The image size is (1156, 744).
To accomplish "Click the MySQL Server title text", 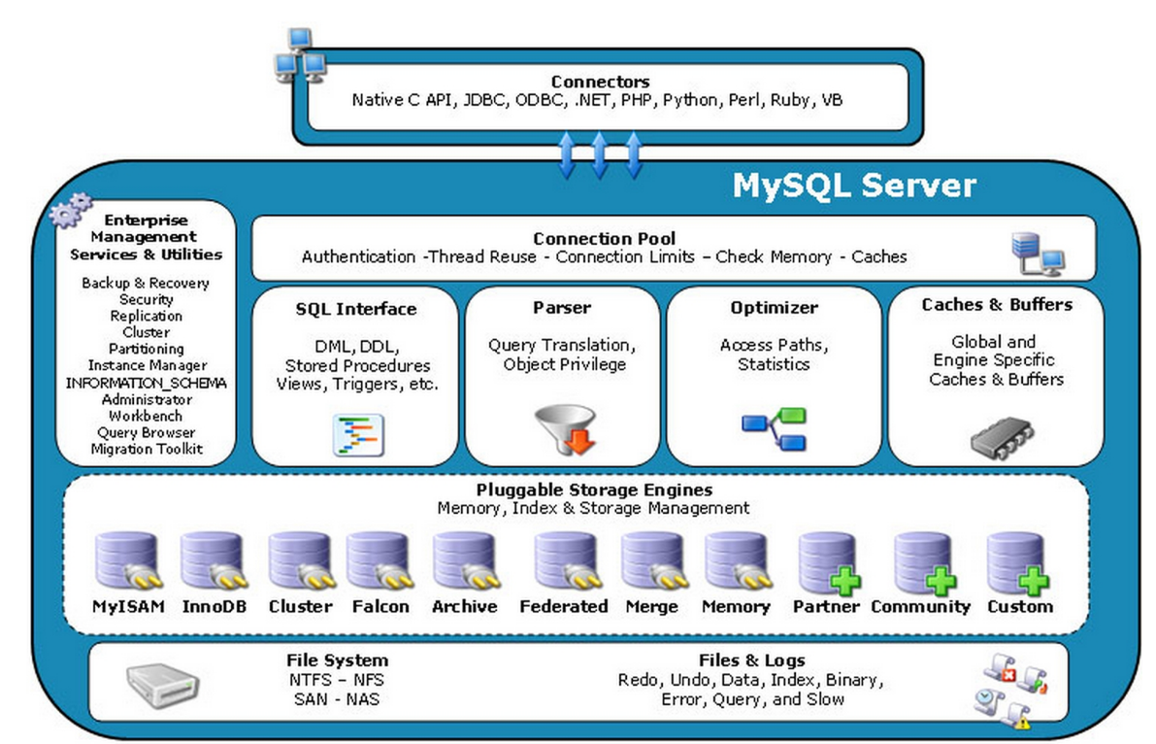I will tap(853, 185).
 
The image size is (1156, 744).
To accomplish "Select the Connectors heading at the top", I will tap(600, 82).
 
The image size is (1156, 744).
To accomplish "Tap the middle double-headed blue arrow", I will tap(600, 154).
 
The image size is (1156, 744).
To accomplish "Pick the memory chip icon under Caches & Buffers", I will tap(997, 438).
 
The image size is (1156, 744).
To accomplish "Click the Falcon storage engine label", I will tap(380, 607).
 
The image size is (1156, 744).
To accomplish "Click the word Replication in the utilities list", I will tap(146, 316).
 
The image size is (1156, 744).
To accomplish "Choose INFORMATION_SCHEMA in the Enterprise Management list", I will tap(146, 383).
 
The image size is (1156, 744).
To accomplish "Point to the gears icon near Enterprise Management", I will tap(71, 210).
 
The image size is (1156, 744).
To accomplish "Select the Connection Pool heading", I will tap(604, 238).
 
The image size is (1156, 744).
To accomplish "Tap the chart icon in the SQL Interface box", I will tap(358, 434).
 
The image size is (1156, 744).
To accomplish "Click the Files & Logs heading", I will tap(750, 660).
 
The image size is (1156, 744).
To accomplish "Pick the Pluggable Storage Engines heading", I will tap(594, 490).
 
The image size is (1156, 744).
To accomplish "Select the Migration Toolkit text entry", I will tap(146, 449).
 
